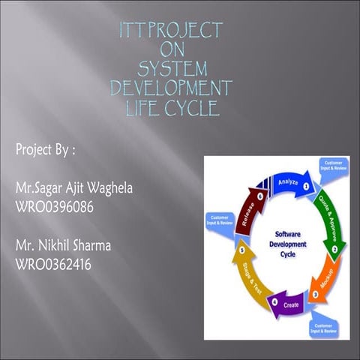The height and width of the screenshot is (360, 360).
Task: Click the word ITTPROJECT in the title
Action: (x=172, y=31)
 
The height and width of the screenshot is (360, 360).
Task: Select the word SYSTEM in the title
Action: (x=172, y=70)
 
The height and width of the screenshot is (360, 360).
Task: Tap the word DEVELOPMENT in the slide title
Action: (x=172, y=89)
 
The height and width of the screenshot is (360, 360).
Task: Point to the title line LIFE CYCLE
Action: (x=172, y=109)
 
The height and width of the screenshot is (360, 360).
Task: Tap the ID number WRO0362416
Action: (x=54, y=262)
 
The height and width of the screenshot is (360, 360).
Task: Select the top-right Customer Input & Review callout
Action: (x=334, y=166)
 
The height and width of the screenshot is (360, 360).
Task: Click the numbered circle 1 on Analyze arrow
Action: (x=306, y=186)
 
